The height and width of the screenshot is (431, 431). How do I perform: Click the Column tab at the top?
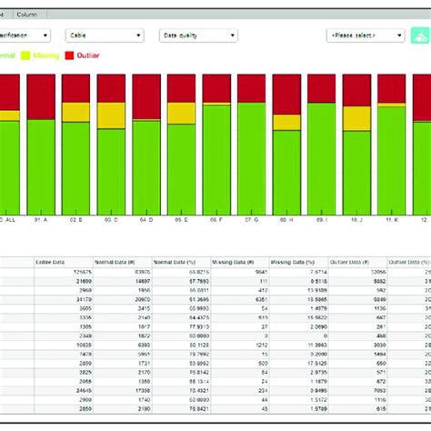[x=27, y=14]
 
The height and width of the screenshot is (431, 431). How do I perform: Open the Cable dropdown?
[x=105, y=35]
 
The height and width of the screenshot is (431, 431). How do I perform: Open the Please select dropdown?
[x=365, y=35]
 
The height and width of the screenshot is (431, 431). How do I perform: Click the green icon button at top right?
[x=419, y=35]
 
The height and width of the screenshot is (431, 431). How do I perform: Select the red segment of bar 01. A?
[x=41, y=96]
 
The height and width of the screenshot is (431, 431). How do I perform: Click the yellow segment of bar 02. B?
[x=76, y=112]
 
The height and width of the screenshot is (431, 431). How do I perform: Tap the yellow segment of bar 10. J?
[x=357, y=119]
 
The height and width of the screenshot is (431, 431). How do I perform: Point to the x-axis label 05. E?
[x=181, y=219]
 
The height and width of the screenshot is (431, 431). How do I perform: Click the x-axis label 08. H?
[x=286, y=219]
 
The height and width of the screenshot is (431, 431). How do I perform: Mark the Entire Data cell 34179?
[x=56, y=297]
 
